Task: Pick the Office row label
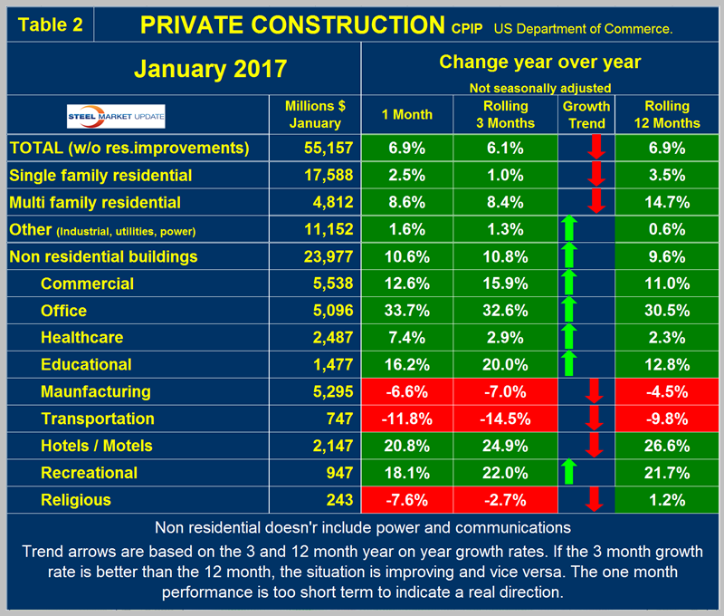click(64, 311)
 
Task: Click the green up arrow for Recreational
click(569, 473)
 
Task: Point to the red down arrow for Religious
click(593, 500)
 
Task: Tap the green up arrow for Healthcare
click(569, 337)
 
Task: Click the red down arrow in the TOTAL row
click(593, 148)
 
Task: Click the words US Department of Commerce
click(583, 29)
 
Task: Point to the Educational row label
click(86, 364)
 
